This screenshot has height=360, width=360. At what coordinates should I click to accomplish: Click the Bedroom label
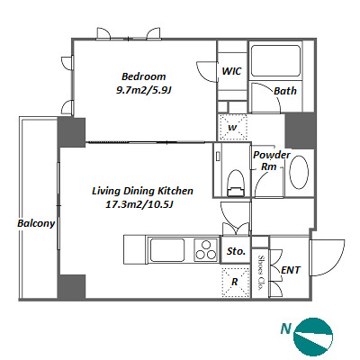pyautogui.click(x=143, y=76)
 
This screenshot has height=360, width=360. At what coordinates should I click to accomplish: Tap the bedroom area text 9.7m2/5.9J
pyautogui.click(x=143, y=90)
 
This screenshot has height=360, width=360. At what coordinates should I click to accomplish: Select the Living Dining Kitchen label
pyautogui.click(x=142, y=191)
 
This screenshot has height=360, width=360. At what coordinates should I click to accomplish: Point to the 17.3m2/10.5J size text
pyautogui.click(x=140, y=204)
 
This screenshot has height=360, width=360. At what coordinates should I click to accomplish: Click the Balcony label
pyautogui.click(x=36, y=223)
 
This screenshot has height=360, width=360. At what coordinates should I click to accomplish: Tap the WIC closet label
pyautogui.click(x=231, y=71)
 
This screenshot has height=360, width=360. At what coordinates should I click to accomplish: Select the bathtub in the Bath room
pyautogui.click(x=275, y=60)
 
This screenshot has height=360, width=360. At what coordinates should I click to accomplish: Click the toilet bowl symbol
pyautogui.click(x=236, y=183)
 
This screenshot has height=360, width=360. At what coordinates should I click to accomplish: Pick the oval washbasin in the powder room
pyautogui.click(x=299, y=172)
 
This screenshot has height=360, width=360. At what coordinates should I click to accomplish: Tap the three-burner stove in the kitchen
pyautogui.click(x=206, y=249)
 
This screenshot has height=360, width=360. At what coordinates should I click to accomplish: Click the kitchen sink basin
pyautogui.click(x=166, y=249)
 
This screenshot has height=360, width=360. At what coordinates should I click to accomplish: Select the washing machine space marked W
pyautogui.click(x=232, y=127)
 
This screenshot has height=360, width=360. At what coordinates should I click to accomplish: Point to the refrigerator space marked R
pyautogui.click(x=235, y=282)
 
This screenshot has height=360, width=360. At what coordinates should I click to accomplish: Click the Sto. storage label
pyautogui.click(x=236, y=251)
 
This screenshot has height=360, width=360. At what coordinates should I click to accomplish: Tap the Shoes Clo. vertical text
pyautogui.click(x=260, y=273)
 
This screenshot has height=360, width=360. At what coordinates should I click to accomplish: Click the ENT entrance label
pyautogui.click(x=291, y=270)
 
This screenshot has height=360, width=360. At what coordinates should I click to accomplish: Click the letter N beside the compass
pyautogui.click(x=286, y=328)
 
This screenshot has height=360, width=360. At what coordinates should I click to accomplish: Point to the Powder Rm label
pyautogui.click(x=272, y=161)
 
